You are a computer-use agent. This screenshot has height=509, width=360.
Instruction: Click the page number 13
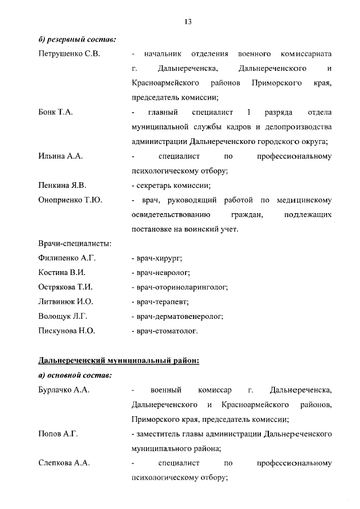(188, 21)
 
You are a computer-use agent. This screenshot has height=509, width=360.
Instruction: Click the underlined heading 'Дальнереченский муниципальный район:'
(119, 360)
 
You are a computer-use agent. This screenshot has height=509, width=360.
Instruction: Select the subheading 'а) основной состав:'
(75, 375)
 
